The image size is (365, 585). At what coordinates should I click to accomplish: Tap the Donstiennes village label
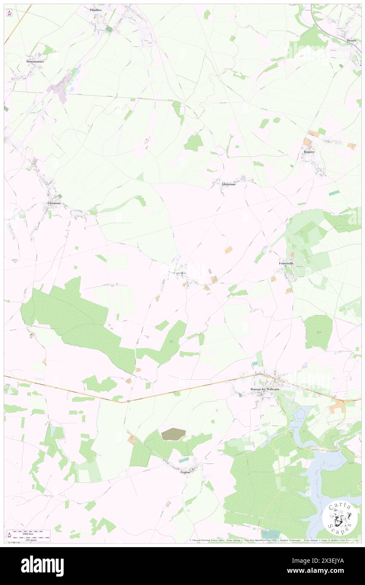(35, 61)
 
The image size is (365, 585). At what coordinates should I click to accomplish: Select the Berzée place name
(352, 40)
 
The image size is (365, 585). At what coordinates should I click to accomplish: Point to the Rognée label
(309, 152)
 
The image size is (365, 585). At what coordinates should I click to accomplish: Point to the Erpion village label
(183, 472)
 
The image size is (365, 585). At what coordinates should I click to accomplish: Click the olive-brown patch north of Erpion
(173, 434)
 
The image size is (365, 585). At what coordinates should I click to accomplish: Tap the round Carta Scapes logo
(340, 518)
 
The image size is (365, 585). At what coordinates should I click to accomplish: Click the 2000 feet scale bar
(31, 537)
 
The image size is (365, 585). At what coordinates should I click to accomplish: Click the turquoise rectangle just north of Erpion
(184, 460)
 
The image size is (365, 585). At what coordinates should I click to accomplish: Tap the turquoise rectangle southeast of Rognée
(334, 192)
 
